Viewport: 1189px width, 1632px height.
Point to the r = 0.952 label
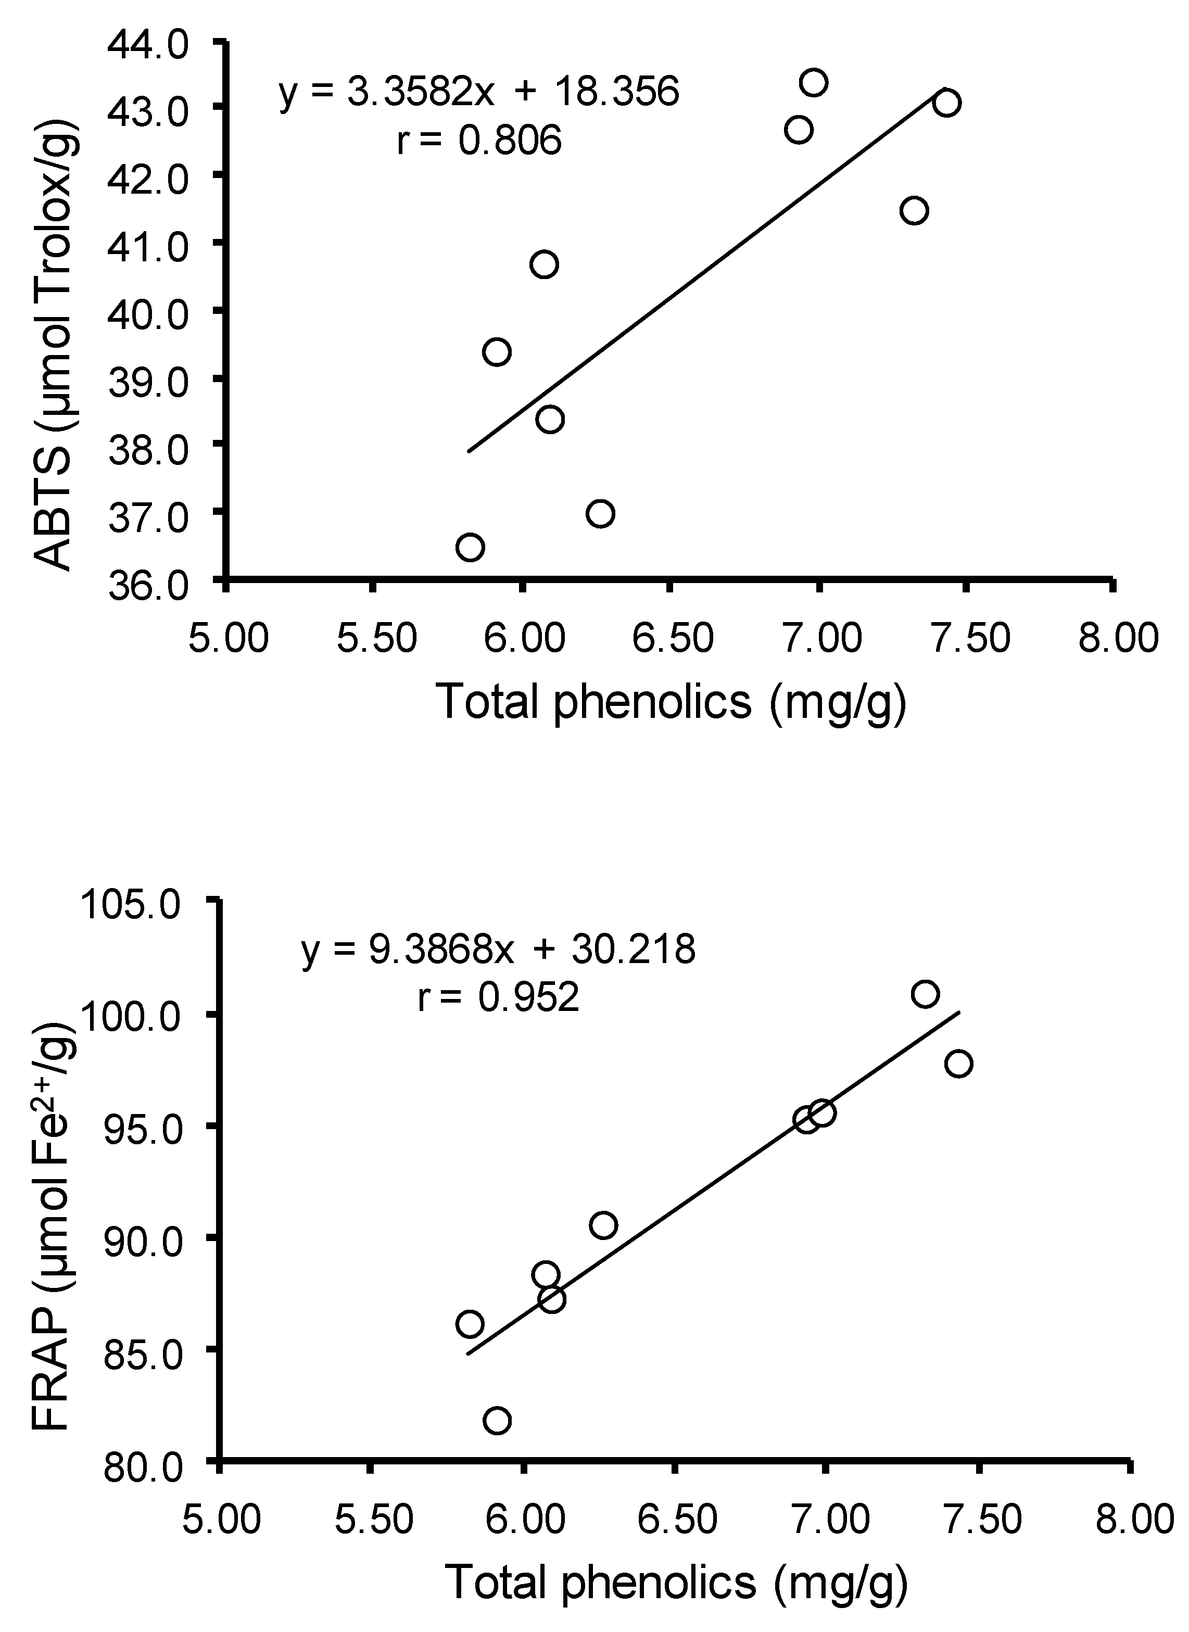point(498,998)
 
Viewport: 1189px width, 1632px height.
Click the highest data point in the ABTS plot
point(813,83)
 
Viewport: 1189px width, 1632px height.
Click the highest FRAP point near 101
point(925,994)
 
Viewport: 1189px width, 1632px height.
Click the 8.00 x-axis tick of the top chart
point(1118,638)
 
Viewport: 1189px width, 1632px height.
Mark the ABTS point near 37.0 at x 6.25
point(600,514)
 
